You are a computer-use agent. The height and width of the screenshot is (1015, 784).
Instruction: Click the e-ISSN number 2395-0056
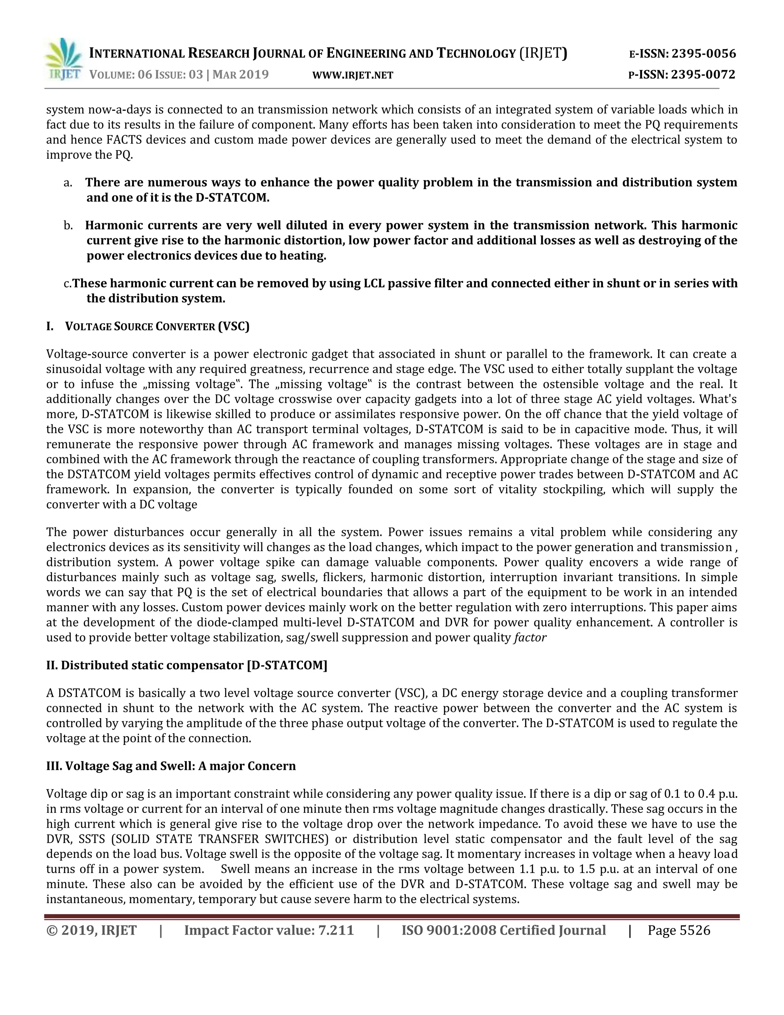(x=704, y=54)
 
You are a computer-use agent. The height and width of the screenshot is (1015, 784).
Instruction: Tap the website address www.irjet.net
(x=353, y=75)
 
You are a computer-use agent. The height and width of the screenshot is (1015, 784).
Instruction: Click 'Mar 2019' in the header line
(x=240, y=74)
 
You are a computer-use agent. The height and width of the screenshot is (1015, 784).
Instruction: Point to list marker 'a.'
(x=68, y=183)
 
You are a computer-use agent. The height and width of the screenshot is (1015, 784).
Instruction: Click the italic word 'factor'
(x=530, y=637)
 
